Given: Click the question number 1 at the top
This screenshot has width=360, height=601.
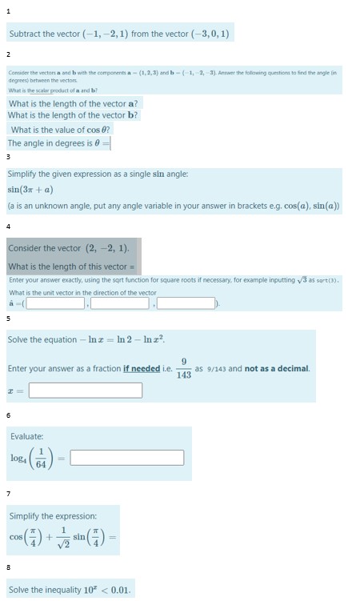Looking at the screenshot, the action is (8, 10).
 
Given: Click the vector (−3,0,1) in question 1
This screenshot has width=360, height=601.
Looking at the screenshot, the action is (209, 34).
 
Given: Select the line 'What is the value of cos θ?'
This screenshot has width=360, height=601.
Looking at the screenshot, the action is (61, 130).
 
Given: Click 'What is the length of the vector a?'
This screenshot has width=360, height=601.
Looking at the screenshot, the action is (74, 103).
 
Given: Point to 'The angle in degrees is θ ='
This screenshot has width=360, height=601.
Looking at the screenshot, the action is (58, 143).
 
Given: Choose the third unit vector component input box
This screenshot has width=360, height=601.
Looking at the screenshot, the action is (186, 303).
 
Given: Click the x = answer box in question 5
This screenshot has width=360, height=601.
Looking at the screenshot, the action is (85, 390).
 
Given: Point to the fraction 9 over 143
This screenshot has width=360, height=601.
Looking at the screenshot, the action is (184, 368).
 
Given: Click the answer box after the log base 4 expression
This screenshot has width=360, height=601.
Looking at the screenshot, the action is (126, 458).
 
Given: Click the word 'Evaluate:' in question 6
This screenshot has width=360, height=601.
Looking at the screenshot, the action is (27, 436).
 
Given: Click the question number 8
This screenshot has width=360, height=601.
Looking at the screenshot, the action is (8, 567).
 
